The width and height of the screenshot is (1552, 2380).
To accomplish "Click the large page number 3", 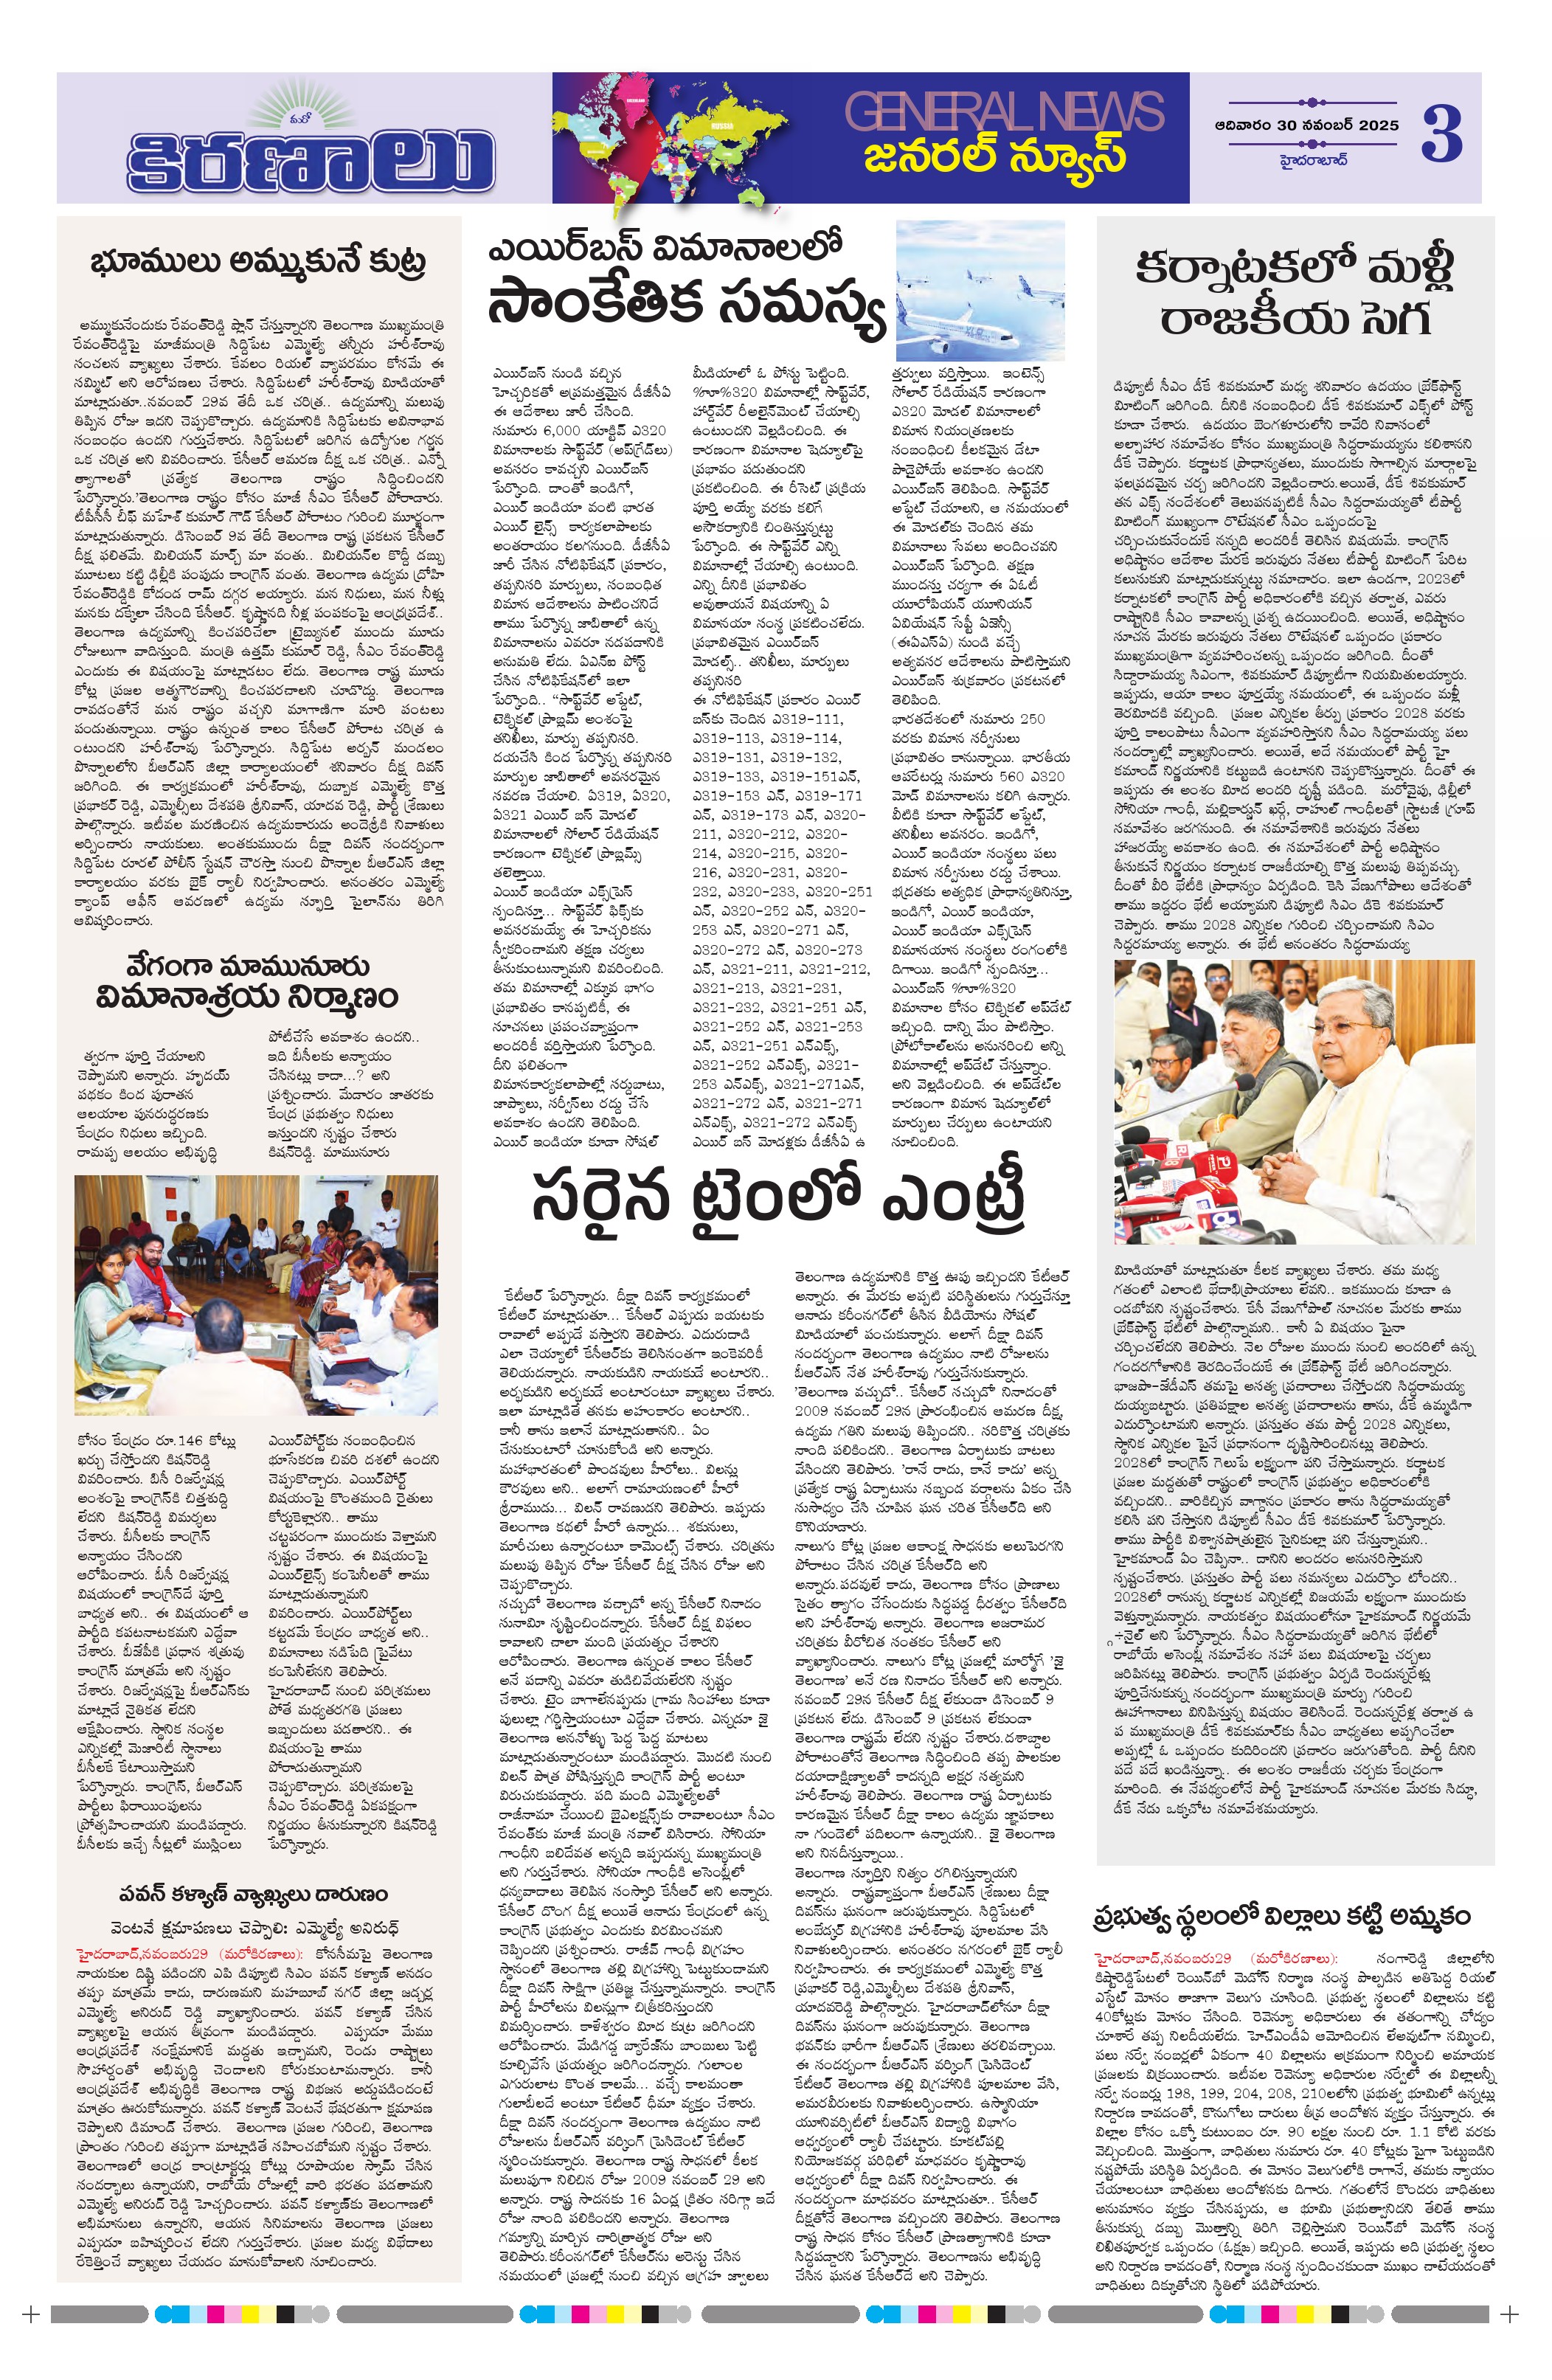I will tap(1441, 135).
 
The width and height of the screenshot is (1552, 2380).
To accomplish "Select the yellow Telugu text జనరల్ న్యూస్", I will tap(995, 156).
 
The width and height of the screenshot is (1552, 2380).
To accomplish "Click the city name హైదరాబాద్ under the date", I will tap(1312, 159).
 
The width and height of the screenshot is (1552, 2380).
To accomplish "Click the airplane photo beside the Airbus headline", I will tap(980, 290).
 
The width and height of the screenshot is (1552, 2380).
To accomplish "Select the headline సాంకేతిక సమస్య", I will tap(686, 304).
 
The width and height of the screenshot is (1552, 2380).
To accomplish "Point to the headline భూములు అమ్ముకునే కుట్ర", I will tap(258, 262).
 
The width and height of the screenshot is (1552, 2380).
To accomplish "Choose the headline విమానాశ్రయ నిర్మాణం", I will tap(247, 997).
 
